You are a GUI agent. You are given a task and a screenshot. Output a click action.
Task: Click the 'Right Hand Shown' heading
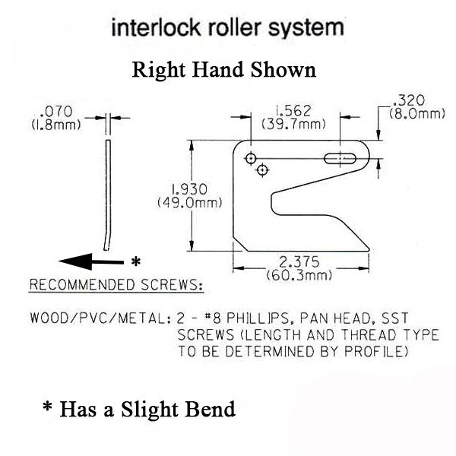point(223,71)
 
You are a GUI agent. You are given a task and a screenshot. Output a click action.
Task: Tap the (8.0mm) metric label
point(416,113)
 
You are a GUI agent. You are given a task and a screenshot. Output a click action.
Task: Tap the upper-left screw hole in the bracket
point(250,157)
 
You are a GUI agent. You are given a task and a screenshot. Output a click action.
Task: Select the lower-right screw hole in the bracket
point(262,169)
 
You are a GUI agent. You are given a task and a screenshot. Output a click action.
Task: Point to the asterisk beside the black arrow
point(135,261)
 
